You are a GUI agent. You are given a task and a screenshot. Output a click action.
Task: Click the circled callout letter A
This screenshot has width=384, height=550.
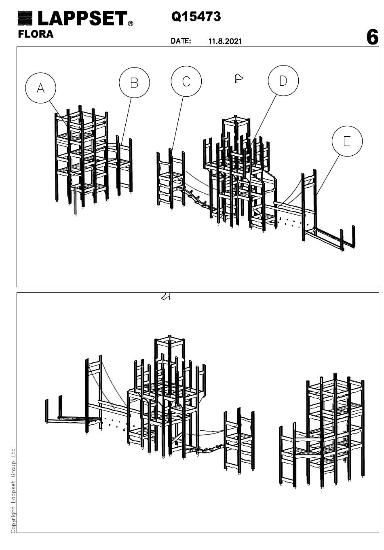[40, 88]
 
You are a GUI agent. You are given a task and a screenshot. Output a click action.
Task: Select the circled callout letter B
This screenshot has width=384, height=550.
[134, 83]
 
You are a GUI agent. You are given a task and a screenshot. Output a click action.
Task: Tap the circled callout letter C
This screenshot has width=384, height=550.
[186, 81]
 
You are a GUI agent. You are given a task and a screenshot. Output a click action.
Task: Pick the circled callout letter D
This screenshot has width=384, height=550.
[283, 80]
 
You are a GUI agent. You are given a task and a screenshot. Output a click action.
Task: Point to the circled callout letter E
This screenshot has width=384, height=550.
[347, 141]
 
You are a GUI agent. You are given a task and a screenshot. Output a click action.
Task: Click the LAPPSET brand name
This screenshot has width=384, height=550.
[83, 18]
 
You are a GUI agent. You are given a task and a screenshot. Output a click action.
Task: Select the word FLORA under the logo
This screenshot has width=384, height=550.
[36, 34]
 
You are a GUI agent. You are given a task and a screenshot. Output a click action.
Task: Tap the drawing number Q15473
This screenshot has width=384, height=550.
[196, 17]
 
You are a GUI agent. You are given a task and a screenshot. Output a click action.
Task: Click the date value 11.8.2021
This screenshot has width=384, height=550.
[225, 41]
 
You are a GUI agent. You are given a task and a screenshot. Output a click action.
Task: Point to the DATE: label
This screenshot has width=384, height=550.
[181, 41]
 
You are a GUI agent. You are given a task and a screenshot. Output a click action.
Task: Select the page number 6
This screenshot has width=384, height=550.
[372, 37]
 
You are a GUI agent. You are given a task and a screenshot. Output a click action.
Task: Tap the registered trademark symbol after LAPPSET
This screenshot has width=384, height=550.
[131, 23]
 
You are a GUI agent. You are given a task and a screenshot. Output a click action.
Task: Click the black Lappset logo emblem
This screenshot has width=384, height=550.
[25, 18]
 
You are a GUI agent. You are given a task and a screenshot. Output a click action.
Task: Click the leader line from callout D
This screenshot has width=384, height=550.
[262, 122]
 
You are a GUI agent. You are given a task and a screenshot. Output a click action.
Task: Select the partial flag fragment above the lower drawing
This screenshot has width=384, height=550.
[166, 296]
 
